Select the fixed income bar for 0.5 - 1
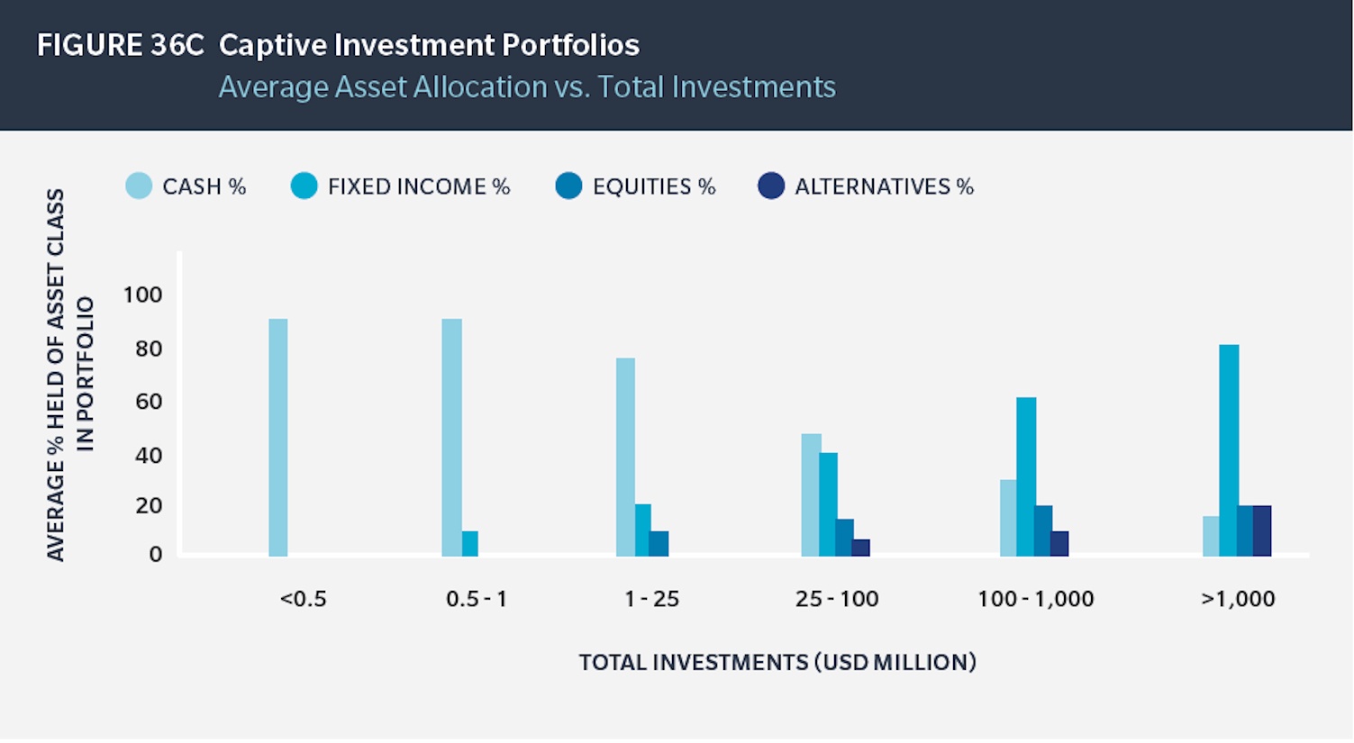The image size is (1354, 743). pyautogui.click(x=469, y=544)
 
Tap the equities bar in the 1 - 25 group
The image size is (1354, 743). pyautogui.click(x=659, y=544)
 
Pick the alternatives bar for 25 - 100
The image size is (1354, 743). pyautogui.click(x=861, y=548)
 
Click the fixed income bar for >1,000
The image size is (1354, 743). pyautogui.click(x=1229, y=450)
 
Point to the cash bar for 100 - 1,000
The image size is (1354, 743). pyautogui.click(x=1008, y=518)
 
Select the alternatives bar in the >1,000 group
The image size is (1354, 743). pyautogui.click(x=1262, y=530)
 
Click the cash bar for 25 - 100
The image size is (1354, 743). pyautogui.click(x=811, y=494)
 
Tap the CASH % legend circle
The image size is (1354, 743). pyautogui.click(x=139, y=186)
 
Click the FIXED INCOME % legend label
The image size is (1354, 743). pyautogui.click(x=419, y=186)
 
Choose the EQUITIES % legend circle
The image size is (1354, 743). pyautogui.click(x=568, y=186)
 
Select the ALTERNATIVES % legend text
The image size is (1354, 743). pyautogui.click(x=884, y=186)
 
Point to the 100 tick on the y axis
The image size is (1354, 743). pyautogui.click(x=142, y=295)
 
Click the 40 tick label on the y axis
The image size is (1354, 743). pyautogui.click(x=148, y=455)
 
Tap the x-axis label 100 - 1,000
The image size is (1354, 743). pyautogui.click(x=1035, y=599)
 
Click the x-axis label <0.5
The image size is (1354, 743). pyautogui.click(x=303, y=599)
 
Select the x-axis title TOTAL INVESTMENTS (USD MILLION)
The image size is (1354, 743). pyautogui.click(x=777, y=663)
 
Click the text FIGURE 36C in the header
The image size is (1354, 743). pyautogui.click(x=120, y=45)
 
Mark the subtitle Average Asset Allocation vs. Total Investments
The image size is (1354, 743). pyautogui.click(x=527, y=87)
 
